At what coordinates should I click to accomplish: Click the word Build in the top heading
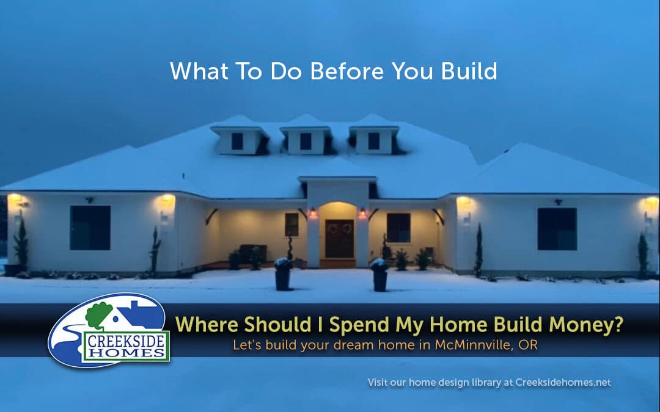click(x=469, y=71)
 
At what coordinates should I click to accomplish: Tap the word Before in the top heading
click(x=347, y=71)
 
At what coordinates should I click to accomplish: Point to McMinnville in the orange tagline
click(x=474, y=345)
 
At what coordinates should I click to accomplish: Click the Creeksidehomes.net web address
click(x=563, y=383)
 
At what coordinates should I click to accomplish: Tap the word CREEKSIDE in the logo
click(x=127, y=341)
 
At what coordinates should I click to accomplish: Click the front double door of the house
click(x=339, y=239)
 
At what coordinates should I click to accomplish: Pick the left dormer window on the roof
click(x=237, y=141)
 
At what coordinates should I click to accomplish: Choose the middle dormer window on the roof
click(x=306, y=141)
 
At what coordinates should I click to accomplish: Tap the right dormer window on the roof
click(x=374, y=141)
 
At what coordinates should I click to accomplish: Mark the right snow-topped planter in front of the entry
click(x=380, y=275)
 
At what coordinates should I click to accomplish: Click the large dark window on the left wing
click(x=90, y=228)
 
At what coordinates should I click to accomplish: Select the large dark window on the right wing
click(x=557, y=229)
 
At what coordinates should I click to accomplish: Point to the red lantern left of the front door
click(x=313, y=213)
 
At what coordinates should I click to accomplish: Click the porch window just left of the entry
click(x=291, y=225)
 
